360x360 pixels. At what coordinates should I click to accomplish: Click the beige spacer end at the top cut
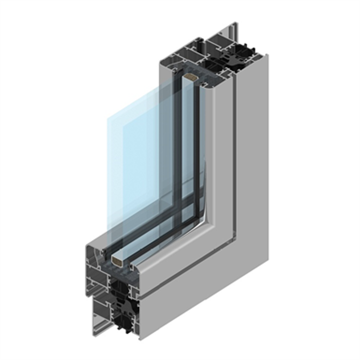click(190, 79)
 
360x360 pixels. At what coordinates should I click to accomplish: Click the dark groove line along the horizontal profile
click(187, 272)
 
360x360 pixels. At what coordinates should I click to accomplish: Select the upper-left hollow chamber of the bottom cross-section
click(95, 256)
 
